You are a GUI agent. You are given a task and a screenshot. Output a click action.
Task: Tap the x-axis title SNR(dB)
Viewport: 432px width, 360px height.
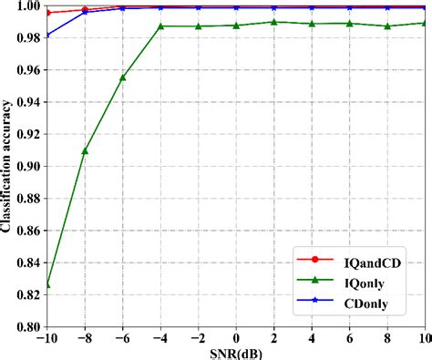coord(236,353)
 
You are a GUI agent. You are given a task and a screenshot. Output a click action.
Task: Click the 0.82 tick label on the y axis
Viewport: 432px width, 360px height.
coord(26,294)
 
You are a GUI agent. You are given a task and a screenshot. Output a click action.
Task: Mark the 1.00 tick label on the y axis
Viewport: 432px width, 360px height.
coord(26,6)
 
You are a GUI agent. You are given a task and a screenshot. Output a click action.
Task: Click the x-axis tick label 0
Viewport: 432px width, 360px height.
coord(236,338)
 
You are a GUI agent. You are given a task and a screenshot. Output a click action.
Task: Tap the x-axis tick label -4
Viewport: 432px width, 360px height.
coord(158,338)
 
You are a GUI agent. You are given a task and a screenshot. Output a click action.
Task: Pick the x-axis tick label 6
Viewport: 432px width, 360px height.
coord(349,338)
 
